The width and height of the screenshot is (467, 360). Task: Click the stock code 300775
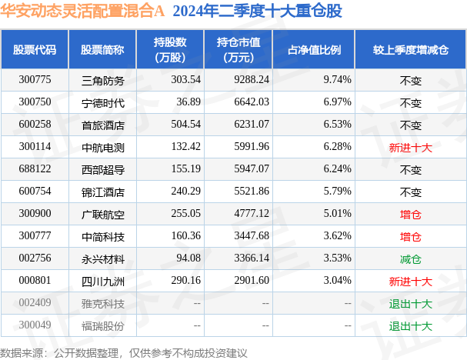(x=35, y=78)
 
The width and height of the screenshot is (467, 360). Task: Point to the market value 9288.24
(x=248, y=78)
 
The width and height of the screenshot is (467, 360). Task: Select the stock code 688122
(x=35, y=168)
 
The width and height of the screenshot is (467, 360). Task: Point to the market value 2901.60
(x=248, y=280)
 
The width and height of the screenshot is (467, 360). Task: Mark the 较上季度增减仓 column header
(x=410, y=49)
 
